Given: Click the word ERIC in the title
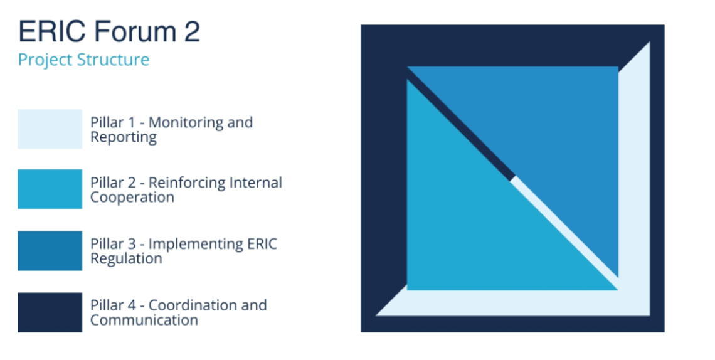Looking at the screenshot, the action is pos(51,31).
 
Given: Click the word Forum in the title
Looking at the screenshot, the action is pos(135,31).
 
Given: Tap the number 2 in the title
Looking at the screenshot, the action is pos(192,31).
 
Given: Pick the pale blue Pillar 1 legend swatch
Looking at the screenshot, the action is pos(50,129).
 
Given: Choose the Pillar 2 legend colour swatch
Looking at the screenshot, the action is pos(50,189).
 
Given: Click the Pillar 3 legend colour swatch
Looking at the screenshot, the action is pos(50,251).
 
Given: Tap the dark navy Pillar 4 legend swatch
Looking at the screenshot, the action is pos(50,312).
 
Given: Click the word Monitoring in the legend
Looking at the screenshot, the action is pos(184,123).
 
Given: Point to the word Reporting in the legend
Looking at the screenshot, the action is pos(124,137).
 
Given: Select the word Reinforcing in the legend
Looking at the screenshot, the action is pos(187,183).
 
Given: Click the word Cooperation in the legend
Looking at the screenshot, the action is pos(132,198).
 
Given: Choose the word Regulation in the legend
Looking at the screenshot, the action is pos(126,259).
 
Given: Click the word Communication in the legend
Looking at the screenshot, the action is pos(144,320).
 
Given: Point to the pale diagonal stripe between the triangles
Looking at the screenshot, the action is pos(564,233).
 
